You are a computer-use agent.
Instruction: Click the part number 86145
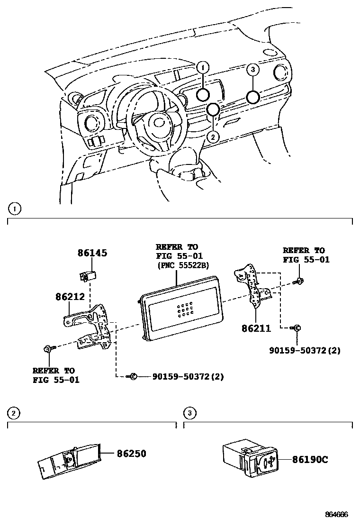92,253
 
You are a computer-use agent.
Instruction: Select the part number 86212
70,297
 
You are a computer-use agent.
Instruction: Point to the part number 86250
132,454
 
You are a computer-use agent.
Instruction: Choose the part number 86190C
310,459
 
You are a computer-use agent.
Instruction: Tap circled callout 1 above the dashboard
202,68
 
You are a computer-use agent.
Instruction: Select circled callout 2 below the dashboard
213,137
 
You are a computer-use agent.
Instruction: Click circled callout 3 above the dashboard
253,70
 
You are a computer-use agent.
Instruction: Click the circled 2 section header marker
14,414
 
